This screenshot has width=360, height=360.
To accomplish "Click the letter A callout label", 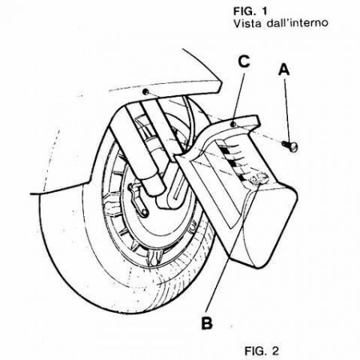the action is coord(284,70).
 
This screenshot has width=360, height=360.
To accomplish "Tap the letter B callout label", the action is coord(207,322).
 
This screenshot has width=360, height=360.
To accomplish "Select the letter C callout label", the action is coord(244,62).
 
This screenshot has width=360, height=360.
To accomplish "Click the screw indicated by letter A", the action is coord(290,146).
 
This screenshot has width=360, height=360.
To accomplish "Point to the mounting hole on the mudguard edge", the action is coord(146,92).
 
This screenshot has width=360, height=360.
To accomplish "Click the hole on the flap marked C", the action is coord(234,124).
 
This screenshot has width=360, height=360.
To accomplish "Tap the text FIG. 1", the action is coord(250,11).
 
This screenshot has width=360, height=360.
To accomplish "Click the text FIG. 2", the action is coord(262,350).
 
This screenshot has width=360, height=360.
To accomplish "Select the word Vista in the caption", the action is coord(248,23).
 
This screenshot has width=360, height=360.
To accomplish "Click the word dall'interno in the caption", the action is coord(297,23).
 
